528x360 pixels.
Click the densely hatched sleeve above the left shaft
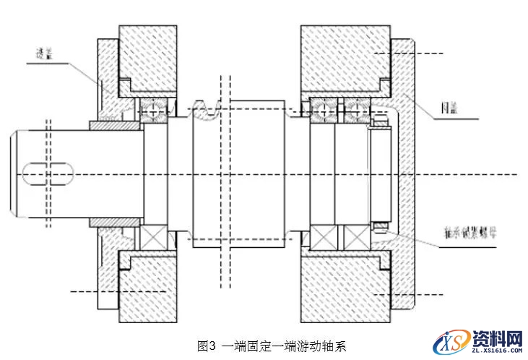tap(114, 126)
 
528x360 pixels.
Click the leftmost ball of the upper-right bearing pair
tap(321, 109)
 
